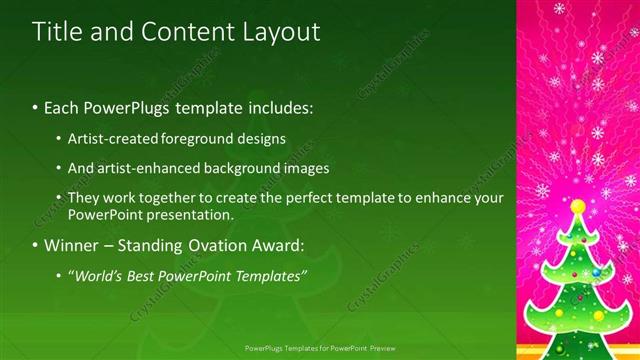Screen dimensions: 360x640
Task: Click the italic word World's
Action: [98, 275]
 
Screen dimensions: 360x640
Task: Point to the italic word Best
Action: [141, 275]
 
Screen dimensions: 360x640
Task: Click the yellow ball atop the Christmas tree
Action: [578, 206]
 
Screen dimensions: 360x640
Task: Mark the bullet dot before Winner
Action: [36, 245]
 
